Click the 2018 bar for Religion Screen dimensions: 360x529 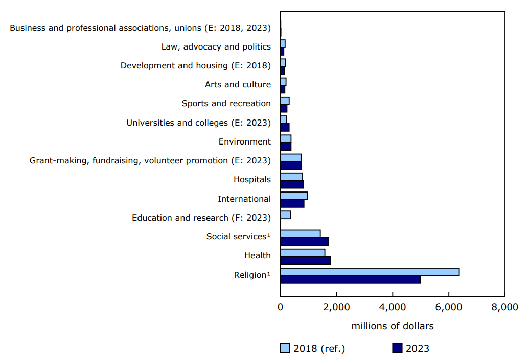[370, 272]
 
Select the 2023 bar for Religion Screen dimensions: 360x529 [350, 279]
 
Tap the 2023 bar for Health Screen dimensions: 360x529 [305, 260]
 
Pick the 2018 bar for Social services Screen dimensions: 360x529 [300, 234]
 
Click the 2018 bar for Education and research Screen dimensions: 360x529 [285, 214]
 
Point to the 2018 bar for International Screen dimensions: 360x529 [293, 196]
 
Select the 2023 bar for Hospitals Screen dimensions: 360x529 [292, 184]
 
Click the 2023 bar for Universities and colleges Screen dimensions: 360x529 [285, 127]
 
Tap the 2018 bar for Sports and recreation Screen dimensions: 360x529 [285, 101]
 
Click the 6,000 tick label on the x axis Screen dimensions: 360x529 [448, 307]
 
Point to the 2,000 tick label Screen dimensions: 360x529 [336, 307]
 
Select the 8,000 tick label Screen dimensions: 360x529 [504, 307]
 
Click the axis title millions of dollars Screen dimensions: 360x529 [392, 326]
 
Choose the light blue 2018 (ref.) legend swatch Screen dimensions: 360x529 [285, 348]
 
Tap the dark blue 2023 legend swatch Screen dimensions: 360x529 [398, 348]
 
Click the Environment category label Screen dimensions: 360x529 [244, 141]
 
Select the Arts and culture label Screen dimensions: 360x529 [238, 84]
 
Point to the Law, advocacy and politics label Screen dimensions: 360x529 [216, 46]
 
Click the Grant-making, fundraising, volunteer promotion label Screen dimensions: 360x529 [150, 161]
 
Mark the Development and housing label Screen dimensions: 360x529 [195, 65]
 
